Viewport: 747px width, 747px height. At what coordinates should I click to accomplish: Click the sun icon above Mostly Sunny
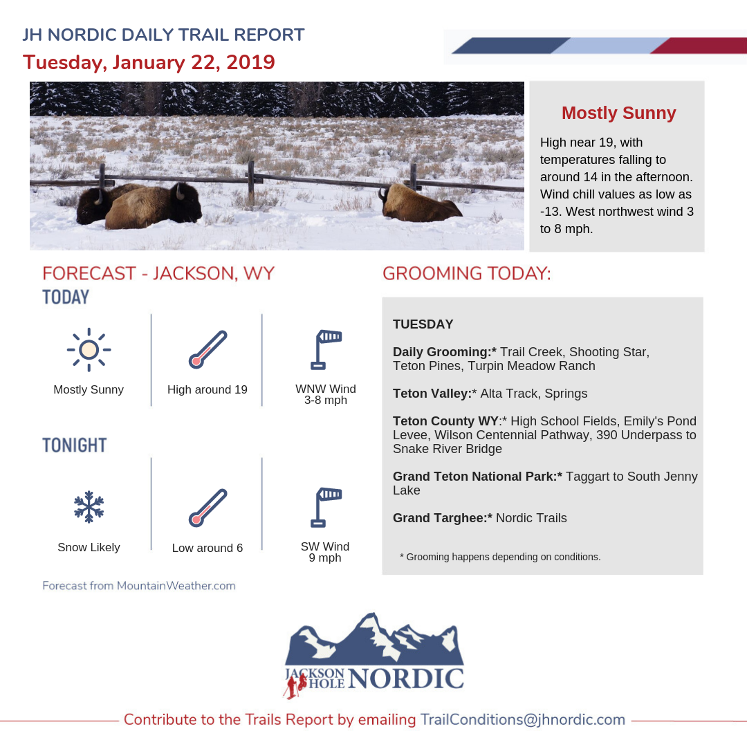pos(89,349)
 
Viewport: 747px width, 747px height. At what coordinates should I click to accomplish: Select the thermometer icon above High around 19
pos(207,349)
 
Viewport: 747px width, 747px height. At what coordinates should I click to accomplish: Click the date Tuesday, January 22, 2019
pos(149,62)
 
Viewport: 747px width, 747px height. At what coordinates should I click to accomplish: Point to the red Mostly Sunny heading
pos(618,113)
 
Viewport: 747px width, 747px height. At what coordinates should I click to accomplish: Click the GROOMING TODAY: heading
pos(467,273)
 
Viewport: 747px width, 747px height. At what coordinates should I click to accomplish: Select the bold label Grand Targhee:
pos(442,517)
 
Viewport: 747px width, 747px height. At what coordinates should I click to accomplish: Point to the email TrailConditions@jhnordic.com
pos(523,719)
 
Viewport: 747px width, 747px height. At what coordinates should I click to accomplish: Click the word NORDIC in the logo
pos(405,679)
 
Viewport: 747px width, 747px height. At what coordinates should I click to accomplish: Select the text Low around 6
pos(207,548)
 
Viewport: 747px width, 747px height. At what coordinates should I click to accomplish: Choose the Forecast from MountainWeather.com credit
pos(138,586)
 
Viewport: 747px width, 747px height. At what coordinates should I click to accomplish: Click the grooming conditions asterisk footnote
pos(500,556)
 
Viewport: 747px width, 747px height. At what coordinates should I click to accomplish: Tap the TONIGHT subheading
pos(75,445)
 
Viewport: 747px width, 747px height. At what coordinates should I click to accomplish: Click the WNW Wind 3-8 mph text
pos(326,394)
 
